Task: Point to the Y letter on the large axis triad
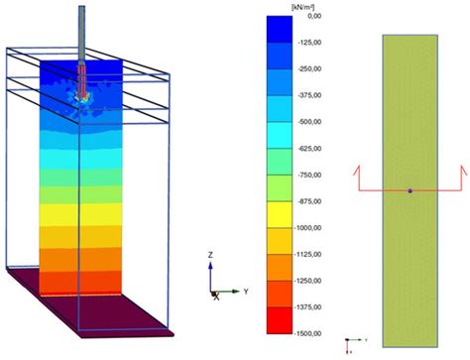tap(245, 292)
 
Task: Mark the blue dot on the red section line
tap(410, 189)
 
